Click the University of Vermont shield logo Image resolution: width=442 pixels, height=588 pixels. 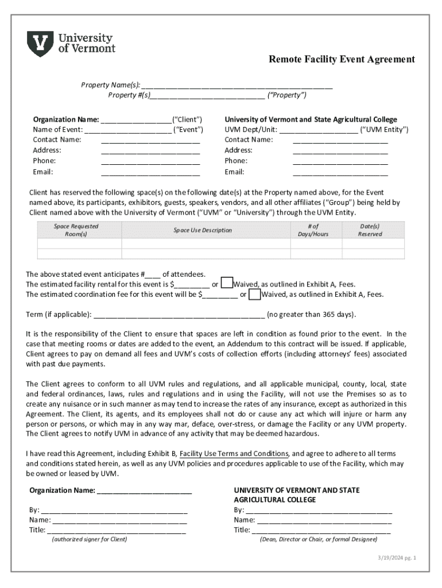40,44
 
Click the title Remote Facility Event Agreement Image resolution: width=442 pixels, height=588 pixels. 342,59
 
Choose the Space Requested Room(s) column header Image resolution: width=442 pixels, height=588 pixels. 76,230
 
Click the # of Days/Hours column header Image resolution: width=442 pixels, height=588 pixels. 313,230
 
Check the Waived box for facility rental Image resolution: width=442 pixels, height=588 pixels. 227,283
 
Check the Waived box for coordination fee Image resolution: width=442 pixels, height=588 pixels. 255,294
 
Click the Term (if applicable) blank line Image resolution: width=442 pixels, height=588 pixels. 179,315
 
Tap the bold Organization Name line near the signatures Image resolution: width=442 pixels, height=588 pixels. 110,490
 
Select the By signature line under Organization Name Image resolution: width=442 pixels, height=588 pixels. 114,510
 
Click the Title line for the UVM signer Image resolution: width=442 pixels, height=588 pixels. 321,530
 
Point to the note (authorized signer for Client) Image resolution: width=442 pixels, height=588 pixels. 89,539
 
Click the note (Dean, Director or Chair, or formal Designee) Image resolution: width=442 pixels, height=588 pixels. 318,539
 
